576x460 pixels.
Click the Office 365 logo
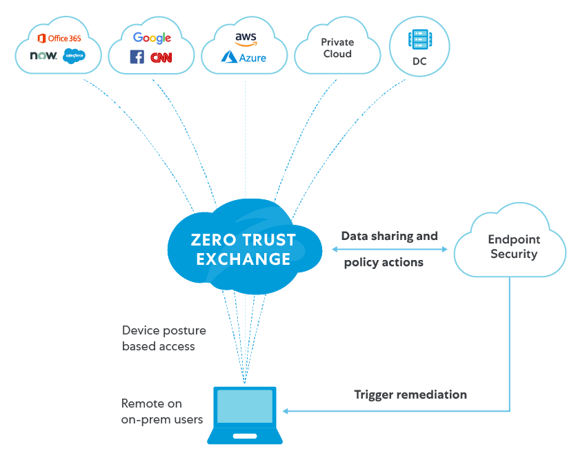[x=59, y=38]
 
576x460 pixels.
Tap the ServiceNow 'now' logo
[x=43, y=56]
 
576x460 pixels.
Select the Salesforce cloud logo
[x=74, y=57]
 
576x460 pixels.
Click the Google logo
[x=152, y=38]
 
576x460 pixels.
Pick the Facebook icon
[x=137, y=57]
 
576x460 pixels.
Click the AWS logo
[x=246, y=39]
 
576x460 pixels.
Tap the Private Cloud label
[x=337, y=48]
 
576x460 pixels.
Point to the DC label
[x=419, y=61]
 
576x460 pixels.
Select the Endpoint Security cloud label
[x=513, y=247]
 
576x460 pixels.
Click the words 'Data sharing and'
[x=389, y=236]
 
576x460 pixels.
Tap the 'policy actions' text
[x=384, y=263]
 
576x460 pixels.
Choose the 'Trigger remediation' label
[x=410, y=394]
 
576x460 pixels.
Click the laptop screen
[x=245, y=407]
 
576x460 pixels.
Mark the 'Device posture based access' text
[x=164, y=338]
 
